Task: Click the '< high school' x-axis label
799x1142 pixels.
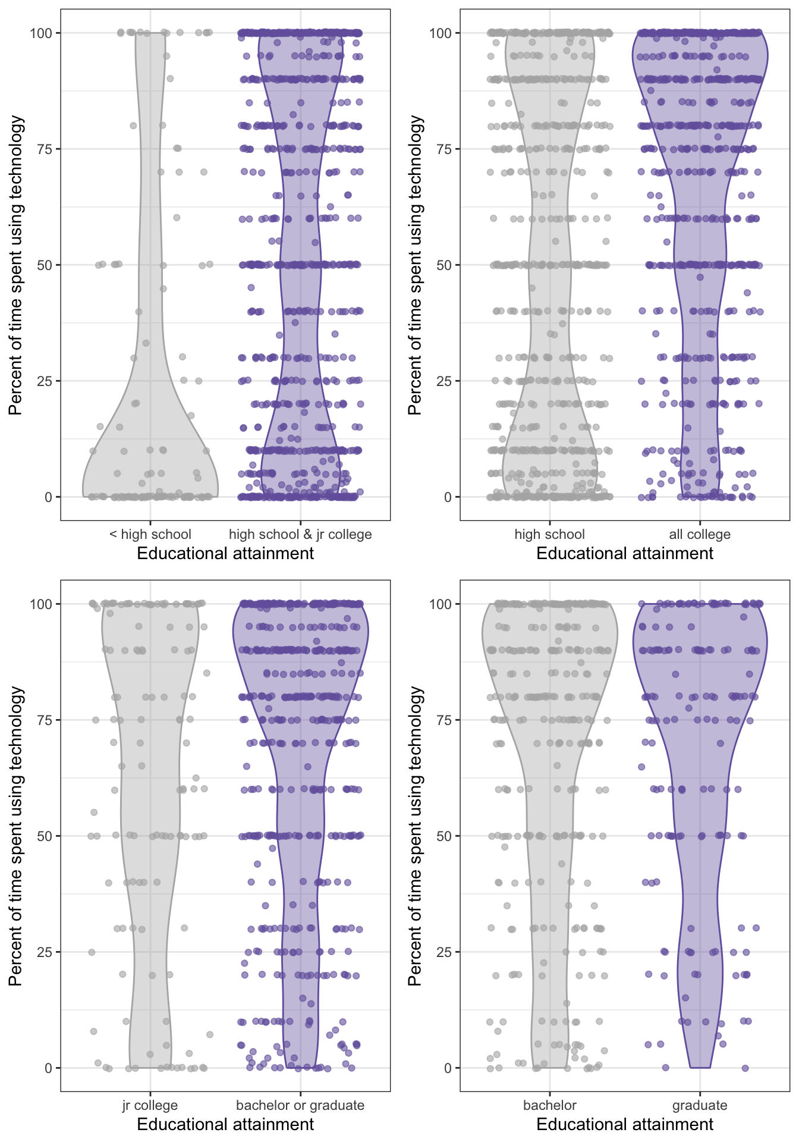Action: pos(150,534)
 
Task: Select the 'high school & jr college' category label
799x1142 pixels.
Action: pos(300,534)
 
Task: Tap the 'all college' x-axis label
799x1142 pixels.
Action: pos(700,534)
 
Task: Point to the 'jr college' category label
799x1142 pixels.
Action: pos(150,1105)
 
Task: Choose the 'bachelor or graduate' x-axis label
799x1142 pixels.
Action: pos(300,1105)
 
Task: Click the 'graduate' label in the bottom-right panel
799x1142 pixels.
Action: pos(700,1105)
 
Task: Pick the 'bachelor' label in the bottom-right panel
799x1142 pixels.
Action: pos(549,1105)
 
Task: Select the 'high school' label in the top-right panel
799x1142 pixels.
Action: pos(549,534)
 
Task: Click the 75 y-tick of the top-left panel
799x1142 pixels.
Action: pos(45,149)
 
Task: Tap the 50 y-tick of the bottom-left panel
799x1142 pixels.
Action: pos(45,836)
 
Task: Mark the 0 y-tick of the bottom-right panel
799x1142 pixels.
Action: pos(448,1068)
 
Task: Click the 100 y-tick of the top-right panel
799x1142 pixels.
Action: pos(441,33)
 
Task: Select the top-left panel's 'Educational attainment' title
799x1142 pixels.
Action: pos(225,553)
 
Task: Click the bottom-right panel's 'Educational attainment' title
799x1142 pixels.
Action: pos(625,1124)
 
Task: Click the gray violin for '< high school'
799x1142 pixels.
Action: pos(150,416)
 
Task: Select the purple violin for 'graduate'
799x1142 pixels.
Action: pos(700,773)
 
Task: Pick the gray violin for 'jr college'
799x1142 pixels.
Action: pos(150,833)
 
